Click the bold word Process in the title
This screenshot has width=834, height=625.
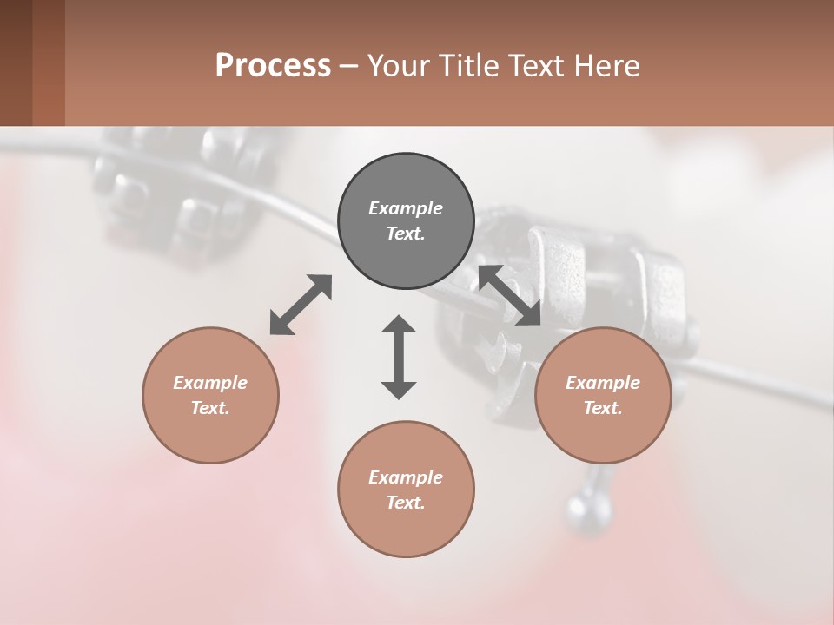273,66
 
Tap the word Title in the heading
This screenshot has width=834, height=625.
467,66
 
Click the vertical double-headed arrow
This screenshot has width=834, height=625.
399,357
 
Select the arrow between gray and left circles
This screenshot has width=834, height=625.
301,305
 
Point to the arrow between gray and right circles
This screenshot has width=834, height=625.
510,295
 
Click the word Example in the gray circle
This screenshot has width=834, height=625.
406,208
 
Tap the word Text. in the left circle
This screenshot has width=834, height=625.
210,408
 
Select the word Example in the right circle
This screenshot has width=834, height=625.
603,383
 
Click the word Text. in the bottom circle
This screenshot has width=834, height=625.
406,503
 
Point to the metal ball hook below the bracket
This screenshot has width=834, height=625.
579,507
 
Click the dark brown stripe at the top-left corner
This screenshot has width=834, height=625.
17,62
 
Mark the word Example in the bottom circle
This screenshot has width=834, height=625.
406,477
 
